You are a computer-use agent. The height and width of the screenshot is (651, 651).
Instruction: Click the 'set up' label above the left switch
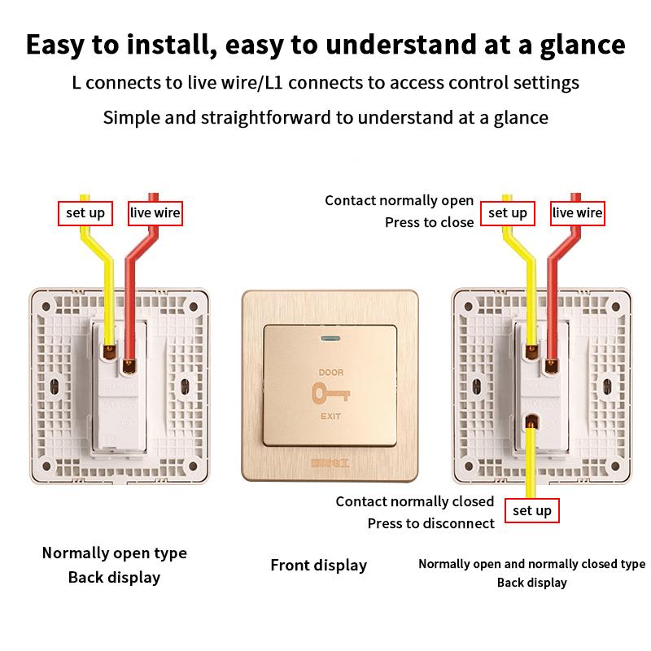pos(85,213)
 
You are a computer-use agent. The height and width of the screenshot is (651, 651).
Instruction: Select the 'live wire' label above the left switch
pos(155,213)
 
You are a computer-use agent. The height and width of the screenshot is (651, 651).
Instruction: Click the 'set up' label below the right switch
pos(532,510)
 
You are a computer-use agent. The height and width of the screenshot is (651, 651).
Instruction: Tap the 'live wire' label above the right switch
pos(577,213)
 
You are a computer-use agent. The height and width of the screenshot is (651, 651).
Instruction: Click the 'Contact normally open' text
pos(399,200)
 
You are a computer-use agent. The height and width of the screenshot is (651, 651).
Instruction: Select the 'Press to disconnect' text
pos(430,523)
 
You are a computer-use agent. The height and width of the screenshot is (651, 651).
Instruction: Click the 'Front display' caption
pos(318,565)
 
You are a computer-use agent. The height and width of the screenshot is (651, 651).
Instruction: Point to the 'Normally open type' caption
pos(114,553)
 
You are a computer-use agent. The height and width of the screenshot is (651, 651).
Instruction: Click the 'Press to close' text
pos(429,221)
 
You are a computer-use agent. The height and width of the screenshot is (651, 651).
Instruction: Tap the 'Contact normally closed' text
pos(414,501)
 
